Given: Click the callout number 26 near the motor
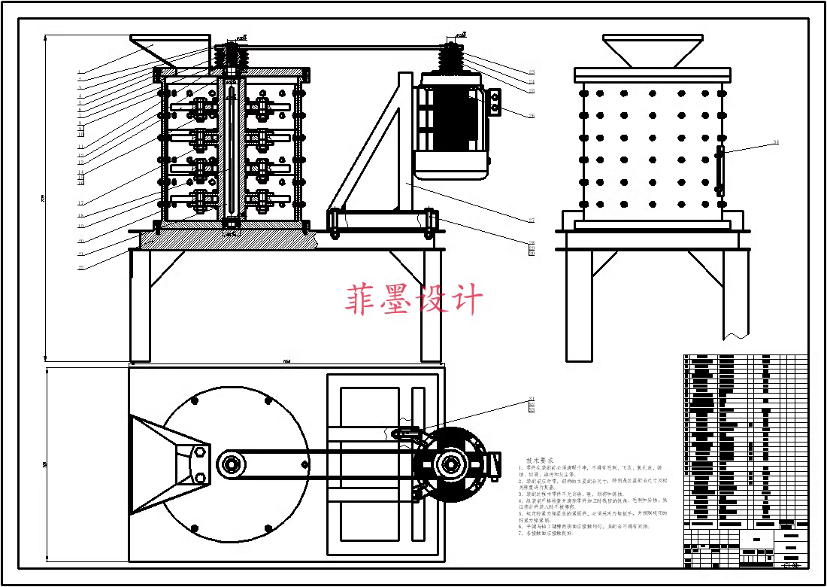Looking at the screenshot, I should pos(532,116).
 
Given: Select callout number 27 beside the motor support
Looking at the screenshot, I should pos(531,220).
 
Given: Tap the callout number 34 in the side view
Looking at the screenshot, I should pos(775,142).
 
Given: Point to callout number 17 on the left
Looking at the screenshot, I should pos(80,203).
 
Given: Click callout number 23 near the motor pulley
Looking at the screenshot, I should pos(532,72).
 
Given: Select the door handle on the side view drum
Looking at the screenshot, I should pos(719,172).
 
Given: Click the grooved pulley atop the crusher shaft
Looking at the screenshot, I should pos(231,57).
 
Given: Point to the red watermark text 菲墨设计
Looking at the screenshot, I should pos(413,299).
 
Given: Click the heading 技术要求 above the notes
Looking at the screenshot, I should pos(539,460).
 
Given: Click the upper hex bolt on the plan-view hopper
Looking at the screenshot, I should pos(199,453).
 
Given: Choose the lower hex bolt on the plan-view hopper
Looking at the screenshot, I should pos(199,477).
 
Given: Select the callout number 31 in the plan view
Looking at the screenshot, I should pos(532,399).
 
